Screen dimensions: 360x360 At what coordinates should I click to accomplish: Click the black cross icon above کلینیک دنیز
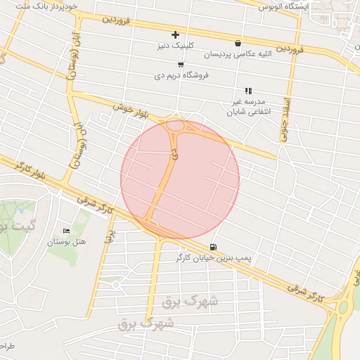(175, 34)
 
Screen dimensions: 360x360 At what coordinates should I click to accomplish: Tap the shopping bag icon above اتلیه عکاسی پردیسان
(238, 43)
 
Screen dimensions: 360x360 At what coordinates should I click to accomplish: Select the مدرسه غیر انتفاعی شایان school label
(247, 106)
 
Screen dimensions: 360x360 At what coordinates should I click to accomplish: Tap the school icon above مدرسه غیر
(247, 91)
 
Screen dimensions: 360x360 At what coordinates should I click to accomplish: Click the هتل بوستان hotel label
(66, 242)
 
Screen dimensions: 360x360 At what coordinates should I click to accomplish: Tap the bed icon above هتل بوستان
(67, 231)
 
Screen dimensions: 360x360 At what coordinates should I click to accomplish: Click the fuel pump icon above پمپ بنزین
(213, 247)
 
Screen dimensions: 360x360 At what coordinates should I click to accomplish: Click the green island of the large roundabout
(344, 307)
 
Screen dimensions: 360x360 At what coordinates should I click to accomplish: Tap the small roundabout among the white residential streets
(115, 285)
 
